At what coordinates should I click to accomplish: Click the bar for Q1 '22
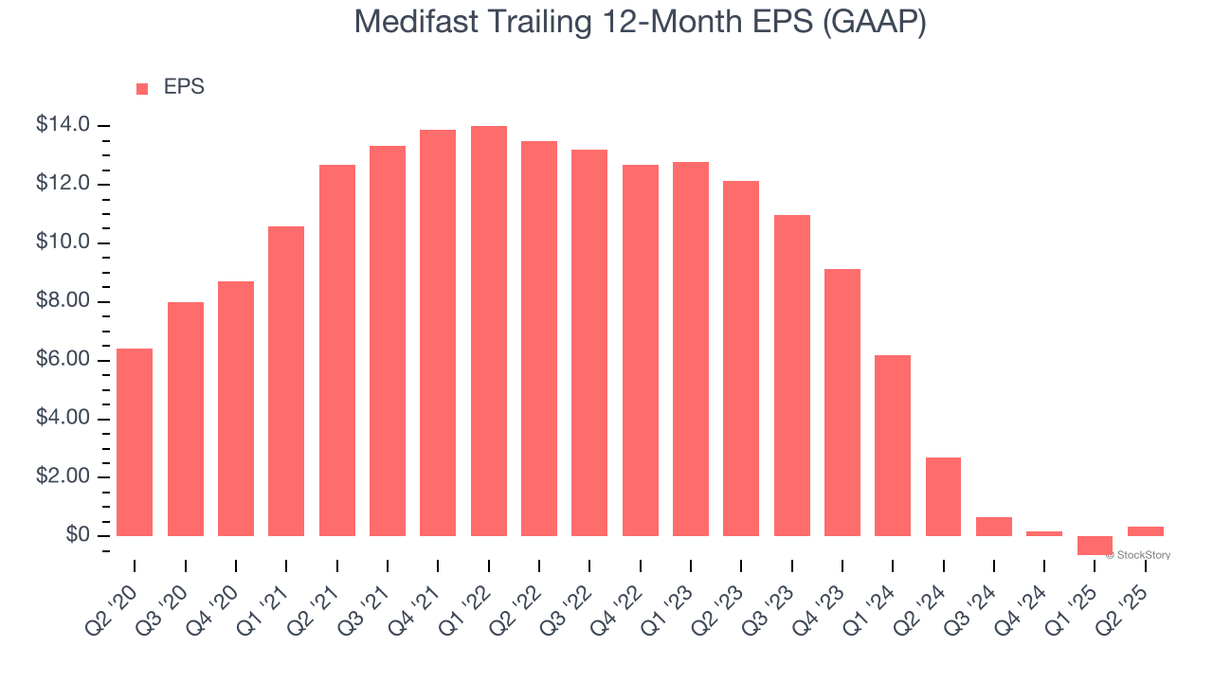[489, 331]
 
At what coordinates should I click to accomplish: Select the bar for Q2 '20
[135, 442]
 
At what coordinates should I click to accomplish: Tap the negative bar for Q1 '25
[1095, 546]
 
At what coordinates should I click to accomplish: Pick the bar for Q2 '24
[943, 496]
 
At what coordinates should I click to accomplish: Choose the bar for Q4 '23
[842, 403]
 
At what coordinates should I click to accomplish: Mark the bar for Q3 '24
[994, 527]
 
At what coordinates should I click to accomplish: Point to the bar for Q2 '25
[1146, 531]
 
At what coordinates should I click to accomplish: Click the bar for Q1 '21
[286, 381]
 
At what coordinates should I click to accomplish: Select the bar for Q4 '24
[1044, 533]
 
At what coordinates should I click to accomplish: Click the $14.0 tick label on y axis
[63, 125]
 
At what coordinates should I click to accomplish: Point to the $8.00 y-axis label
[63, 301]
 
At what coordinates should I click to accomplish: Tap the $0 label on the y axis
[77, 536]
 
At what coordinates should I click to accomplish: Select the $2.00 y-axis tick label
[63, 477]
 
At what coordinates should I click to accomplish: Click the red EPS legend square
[142, 88]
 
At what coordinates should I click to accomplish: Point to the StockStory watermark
[1141, 555]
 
